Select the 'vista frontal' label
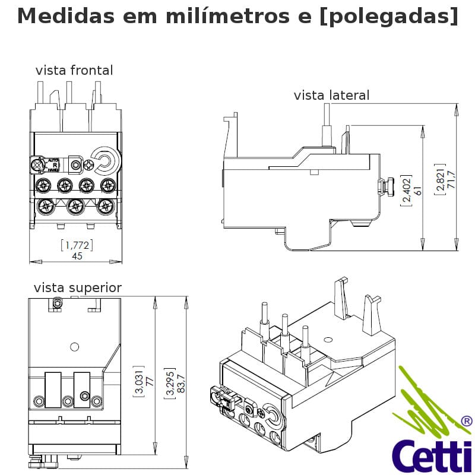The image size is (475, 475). [74, 71]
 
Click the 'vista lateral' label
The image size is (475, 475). [331, 96]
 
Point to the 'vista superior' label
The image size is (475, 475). [78, 289]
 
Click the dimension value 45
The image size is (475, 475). [77, 256]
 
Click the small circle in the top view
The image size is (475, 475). [75, 346]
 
